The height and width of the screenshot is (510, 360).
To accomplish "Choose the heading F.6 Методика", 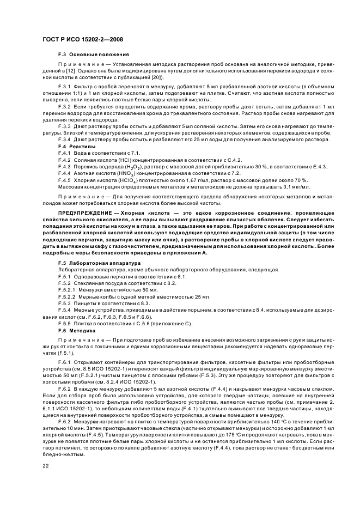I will click(x=77, y=330).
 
